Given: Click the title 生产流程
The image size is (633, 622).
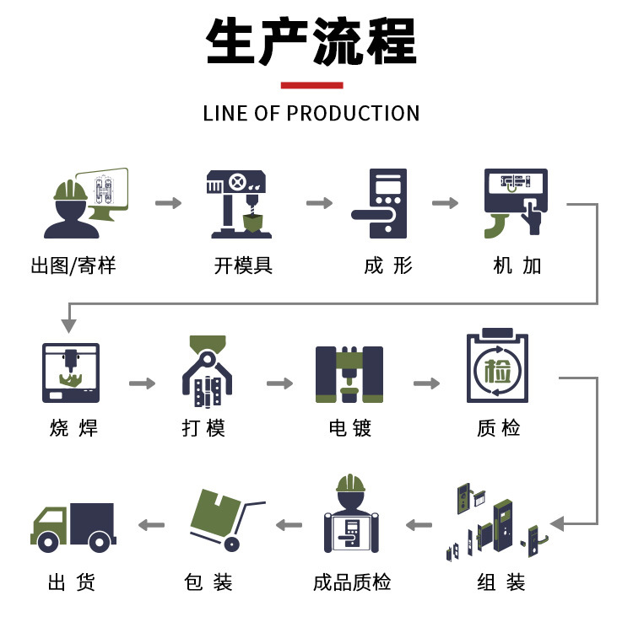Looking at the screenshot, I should click(311, 42).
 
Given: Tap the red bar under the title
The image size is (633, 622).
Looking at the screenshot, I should click(311, 85).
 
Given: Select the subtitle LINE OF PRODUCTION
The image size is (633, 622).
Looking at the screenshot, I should click(311, 114).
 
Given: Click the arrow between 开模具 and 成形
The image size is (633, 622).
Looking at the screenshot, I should click(319, 203).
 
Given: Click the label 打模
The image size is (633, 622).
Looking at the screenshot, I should click(204, 428).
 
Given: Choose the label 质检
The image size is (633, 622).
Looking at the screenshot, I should click(498, 428).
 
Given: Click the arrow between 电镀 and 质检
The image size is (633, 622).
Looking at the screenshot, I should click(426, 383).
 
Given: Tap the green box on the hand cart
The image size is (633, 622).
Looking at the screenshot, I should click(215, 512).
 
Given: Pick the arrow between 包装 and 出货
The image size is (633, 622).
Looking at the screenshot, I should click(151, 525).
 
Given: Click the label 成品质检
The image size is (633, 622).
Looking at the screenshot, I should click(352, 582).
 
